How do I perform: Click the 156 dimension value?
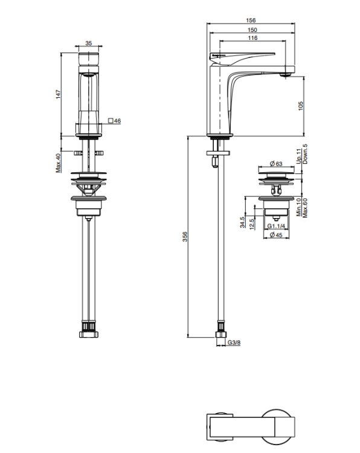click(x=251, y=20)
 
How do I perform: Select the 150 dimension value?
click(x=252, y=30)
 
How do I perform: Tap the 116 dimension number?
click(x=252, y=38)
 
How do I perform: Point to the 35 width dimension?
click(x=89, y=43)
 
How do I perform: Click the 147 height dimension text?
click(x=59, y=94)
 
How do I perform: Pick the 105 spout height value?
click(x=300, y=106)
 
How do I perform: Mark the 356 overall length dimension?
click(x=185, y=237)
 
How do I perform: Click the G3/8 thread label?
click(x=234, y=342)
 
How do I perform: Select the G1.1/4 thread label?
click(x=276, y=226)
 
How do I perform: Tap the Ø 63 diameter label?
click(x=276, y=164)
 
